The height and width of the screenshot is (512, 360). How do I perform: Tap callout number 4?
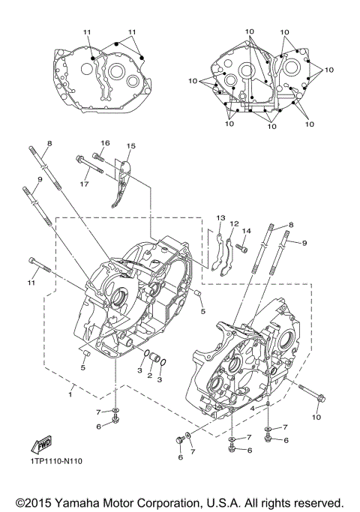[253, 408]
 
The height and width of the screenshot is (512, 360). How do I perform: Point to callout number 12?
[233, 223]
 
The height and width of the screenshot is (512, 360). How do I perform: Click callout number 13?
[220, 217]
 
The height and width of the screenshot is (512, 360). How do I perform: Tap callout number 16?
[105, 142]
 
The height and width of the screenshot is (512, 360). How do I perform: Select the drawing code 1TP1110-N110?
[56, 462]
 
